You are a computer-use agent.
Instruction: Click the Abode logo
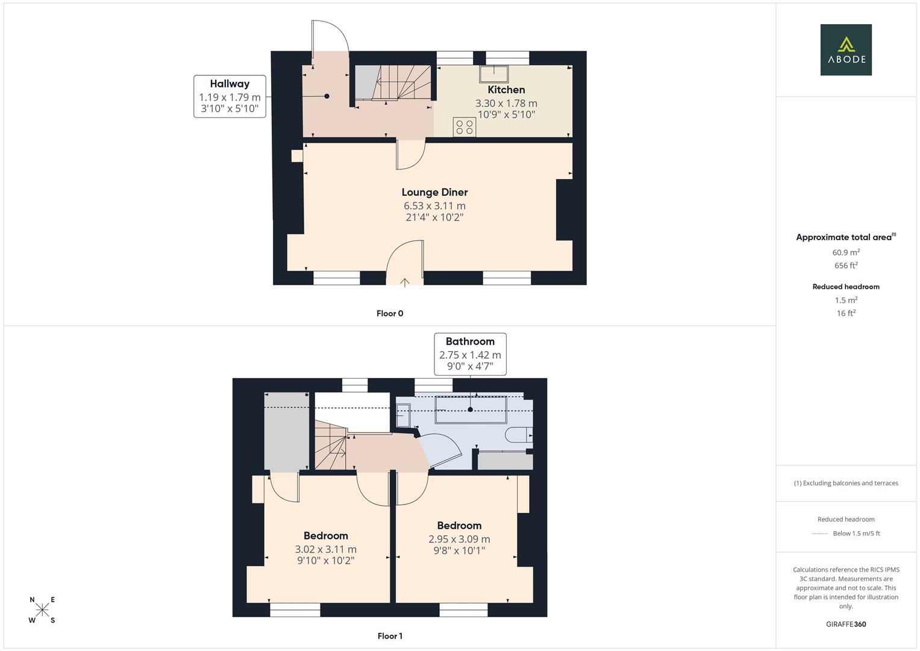846,49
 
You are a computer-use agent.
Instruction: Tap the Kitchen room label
506,90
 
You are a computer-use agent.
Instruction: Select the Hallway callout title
230,84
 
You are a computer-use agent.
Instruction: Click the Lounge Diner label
434,192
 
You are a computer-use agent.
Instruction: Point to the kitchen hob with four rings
465,127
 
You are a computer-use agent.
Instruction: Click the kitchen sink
493,74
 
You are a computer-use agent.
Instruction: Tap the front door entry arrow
404,282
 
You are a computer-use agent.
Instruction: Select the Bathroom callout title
470,342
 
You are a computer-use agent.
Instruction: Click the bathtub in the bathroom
471,410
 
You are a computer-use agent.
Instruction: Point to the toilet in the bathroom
519,435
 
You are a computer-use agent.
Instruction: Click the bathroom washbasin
403,415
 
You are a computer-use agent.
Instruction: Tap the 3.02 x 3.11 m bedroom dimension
326,550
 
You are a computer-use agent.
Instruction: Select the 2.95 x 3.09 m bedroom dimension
459,539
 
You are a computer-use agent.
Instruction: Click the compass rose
42,609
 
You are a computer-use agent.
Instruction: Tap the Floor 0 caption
390,313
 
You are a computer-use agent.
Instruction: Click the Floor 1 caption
390,636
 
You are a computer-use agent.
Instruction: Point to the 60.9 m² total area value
846,253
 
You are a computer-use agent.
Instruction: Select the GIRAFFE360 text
846,624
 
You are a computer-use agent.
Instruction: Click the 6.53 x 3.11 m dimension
434,206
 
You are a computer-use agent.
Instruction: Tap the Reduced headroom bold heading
846,287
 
